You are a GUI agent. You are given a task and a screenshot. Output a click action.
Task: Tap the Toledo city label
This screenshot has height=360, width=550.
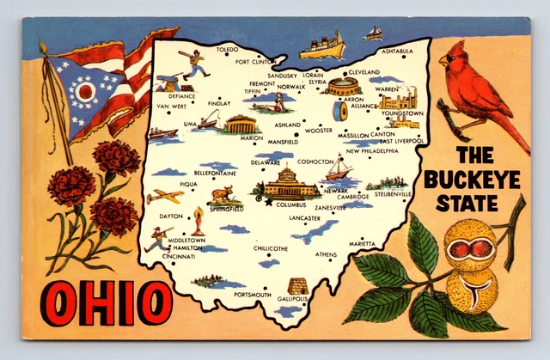(227, 50)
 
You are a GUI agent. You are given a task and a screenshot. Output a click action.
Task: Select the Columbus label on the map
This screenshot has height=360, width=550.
(291, 205)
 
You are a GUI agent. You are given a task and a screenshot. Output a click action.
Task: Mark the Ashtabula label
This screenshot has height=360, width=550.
(398, 52)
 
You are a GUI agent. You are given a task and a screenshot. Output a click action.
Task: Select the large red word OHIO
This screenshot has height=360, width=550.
(108, 303)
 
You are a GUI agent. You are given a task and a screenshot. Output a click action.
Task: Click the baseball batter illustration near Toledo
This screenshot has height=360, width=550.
(195, 63)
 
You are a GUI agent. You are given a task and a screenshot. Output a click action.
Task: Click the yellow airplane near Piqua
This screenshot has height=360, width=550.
(164, 196)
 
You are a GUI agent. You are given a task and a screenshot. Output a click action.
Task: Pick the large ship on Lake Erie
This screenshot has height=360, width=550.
(321, 44)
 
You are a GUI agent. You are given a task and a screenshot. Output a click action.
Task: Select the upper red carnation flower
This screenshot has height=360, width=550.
(116, 158)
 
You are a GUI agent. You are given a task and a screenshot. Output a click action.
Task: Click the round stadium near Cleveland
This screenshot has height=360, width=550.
(342, 86)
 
